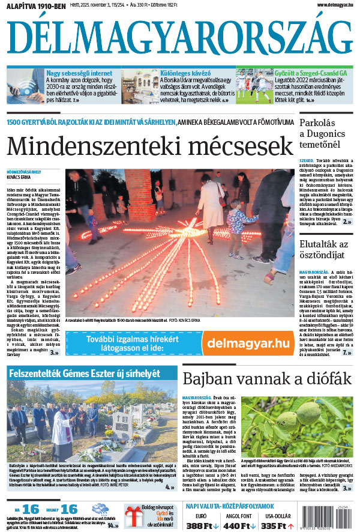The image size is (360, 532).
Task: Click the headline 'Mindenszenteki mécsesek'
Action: (x=146, y=145)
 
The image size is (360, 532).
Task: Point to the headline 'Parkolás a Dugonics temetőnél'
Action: (x=324, y=133)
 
